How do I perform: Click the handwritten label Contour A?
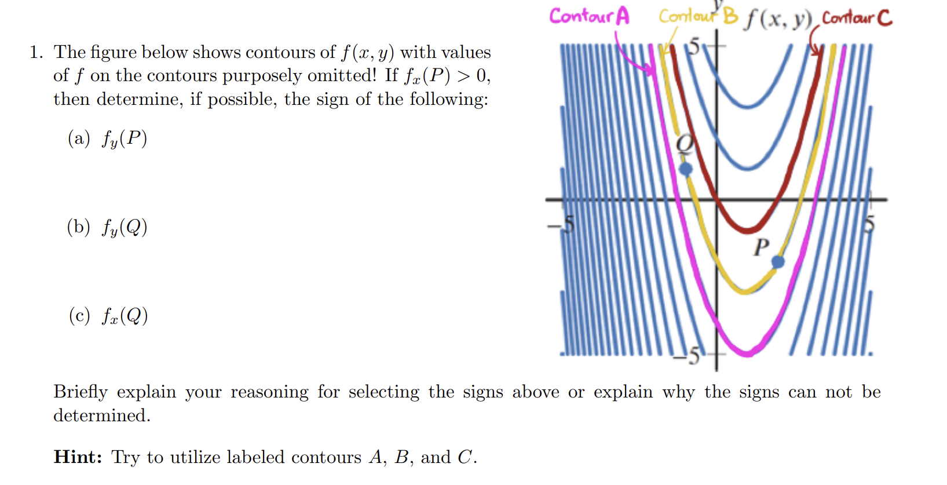(x=589, y=16)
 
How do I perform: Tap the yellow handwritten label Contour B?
(x=698, y=16)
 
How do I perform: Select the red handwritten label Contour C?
(x=857, y=18)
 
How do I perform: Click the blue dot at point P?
(x=778, y=262)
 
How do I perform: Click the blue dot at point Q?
(x=686, y=169)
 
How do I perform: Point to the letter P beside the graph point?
(x=761, y=247)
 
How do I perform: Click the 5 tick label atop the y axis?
(x=694, y=46)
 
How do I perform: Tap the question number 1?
(x=35, y=52)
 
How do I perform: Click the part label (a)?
(x=79, y=138)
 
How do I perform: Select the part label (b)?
(x=79, y=227)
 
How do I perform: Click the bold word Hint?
(x=78, y=457)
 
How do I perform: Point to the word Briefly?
(x=81, y=392)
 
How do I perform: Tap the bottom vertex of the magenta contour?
(x=747, y=352)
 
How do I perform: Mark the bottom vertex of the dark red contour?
(x=748, y=230)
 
